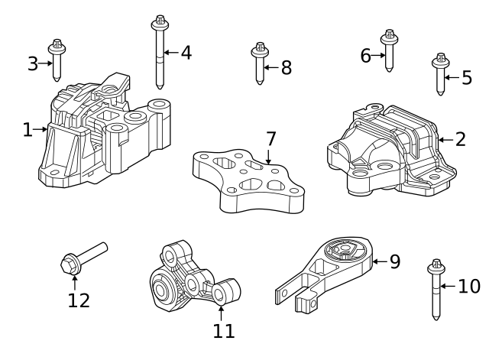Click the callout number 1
pyautogui.click(x=28, y=130)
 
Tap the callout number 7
pyautogui.click(x=270, y=138)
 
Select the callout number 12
pyautogui.click(x=79, y=300)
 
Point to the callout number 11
pyautogui.click(x=223, y=331)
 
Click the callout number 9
pyautogui.click(x=395, y=261)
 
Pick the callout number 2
pyautogui.click(x=460, y=139)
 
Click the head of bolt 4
pyautogui.click(x=160, y=23)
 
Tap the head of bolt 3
pyautogui.click(x=57, y=47)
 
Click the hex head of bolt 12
pyautogui.click(x=70, y=264)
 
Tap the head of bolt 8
pyautogui.click(x=260, y=50)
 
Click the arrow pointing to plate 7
pyautogui.click(x=268, y=157)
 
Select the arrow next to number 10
pyautogui.click(x=448, y=286)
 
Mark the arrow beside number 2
pyautogui.click(x=446, y=140)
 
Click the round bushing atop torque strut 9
pyautogui.click(x=345, y=250)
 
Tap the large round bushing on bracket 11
pyautogui.click(x=161, y=288)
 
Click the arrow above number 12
pyautogui.click(x=75, y=283)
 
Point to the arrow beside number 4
pyautogui.click(x=171, y=53)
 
